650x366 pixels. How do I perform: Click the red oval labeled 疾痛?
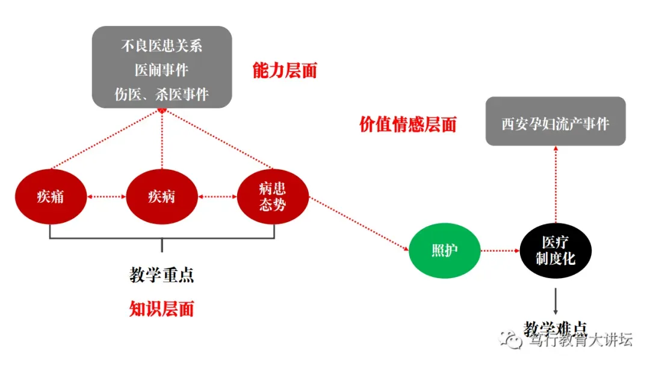tap(50, 197)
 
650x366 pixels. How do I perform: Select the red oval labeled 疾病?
tap(161, 197)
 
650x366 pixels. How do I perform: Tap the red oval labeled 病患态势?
tap(273, 197)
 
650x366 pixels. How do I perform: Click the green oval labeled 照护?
tap(445, 250)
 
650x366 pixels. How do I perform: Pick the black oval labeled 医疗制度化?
tap(556, 250)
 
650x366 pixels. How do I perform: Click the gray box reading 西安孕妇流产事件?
tap(556, 124)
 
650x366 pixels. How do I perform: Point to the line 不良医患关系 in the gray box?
tap(161, 46)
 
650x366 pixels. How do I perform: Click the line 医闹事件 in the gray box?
tap(161, 70)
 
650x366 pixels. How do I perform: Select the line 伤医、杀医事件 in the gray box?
tap(161, 94)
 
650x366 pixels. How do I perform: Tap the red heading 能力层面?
tap(285, 70)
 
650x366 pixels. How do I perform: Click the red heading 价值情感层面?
tap(407, 125)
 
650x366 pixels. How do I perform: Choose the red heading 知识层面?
tap(161, 309)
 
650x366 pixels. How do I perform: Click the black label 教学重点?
tap(161, 275)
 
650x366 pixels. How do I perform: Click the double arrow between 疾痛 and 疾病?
tap(105, 197)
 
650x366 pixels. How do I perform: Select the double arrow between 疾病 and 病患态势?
tap(217, 197)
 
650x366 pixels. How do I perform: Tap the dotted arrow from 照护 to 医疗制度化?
tap(501, 250)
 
